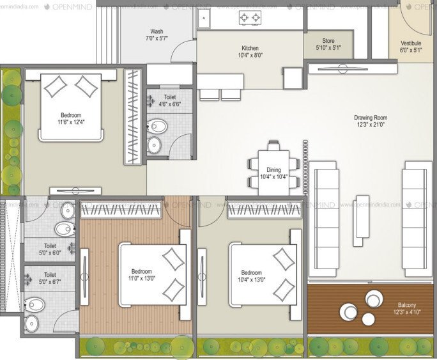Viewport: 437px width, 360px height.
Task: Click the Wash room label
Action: pyautogui.click(x=157, y=35)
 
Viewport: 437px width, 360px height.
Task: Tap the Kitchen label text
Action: pyautogui.click(x=250, y=52)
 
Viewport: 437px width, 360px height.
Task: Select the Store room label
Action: pyautogui.click(x=328, y=44)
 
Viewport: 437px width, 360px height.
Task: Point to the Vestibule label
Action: pyautogui.click(x=411, y=46)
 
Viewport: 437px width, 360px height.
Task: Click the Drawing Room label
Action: pyautogui.click(x=371, y=121)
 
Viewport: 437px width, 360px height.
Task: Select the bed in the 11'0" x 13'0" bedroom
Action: pyautogui.click(x=152, y=274)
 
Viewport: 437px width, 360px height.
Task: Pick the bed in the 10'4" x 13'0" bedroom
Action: pyautogui.click(x=262, y=274)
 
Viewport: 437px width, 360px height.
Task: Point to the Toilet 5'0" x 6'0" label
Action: pyautogui.click(x=50, y=249)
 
